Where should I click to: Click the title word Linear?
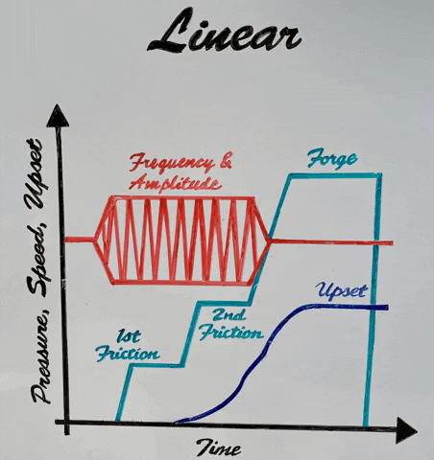[x=224, y=31]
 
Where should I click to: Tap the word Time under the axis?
[x=219, y=448]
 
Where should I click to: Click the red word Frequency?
[x=172, y=163]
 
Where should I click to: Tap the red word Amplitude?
[x=176, y=184]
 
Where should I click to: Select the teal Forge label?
[x=331, y=158]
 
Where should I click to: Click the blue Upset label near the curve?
[x=341, y=290]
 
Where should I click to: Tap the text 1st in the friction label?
[x=129, y=336]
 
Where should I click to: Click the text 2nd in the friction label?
[x=229, y=315]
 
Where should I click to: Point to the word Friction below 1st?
[x=128, y=354]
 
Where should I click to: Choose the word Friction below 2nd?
[x=231, y=333]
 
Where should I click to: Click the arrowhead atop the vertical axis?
[x=58, y=116]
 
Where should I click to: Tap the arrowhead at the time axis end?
[x=406, y=430]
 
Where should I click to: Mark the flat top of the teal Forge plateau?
[x=333, y=175]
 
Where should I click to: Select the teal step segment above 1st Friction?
[x=157, y=365]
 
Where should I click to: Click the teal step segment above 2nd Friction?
[x=224, y=302]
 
